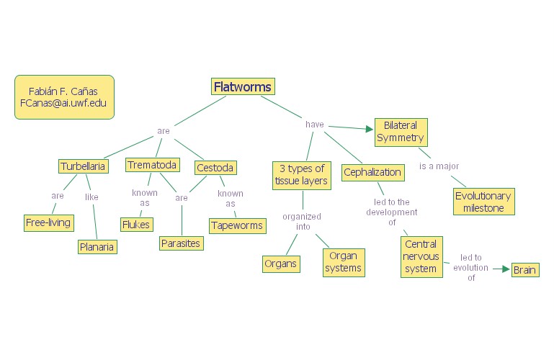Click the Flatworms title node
(243, 87)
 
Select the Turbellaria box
(84, 166)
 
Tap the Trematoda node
(152, 165)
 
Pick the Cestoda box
(215, 168)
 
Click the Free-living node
(48, 222)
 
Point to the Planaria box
(97, 246)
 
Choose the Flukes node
(136, 224)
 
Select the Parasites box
(181, 243)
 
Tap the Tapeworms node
(237, 225)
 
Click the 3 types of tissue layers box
(301, 175)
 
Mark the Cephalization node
(372, 172)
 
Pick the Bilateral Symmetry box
(401, 131)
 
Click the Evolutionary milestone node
(483, 202)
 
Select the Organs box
(281, 264)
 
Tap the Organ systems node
(344, 262)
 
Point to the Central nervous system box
(420, 256)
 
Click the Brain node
(524, 270)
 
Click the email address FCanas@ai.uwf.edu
(63, 103)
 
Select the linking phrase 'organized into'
(301, 221)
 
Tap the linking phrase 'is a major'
(439, 166)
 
